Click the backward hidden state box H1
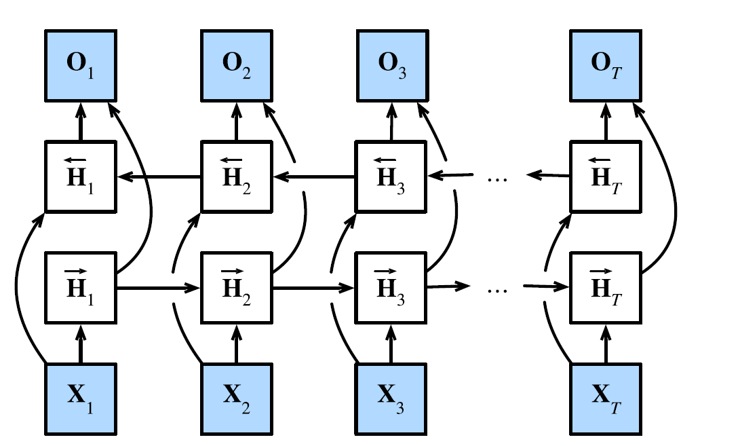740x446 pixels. (x=81, y=176)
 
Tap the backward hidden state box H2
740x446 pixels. (x=237, y=176)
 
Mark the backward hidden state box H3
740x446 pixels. (x=391, y=176)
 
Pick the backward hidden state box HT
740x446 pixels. (x=606, y=176)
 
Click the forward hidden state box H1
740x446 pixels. (x=81, y=286)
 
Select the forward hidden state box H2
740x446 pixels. (x=237, y=286)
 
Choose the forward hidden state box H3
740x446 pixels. (x=391, y=286)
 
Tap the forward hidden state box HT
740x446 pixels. (x=606, y=286)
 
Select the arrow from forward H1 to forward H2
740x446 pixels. (x=159, y=287)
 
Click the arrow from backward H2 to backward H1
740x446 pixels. (x=159, y=176)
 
